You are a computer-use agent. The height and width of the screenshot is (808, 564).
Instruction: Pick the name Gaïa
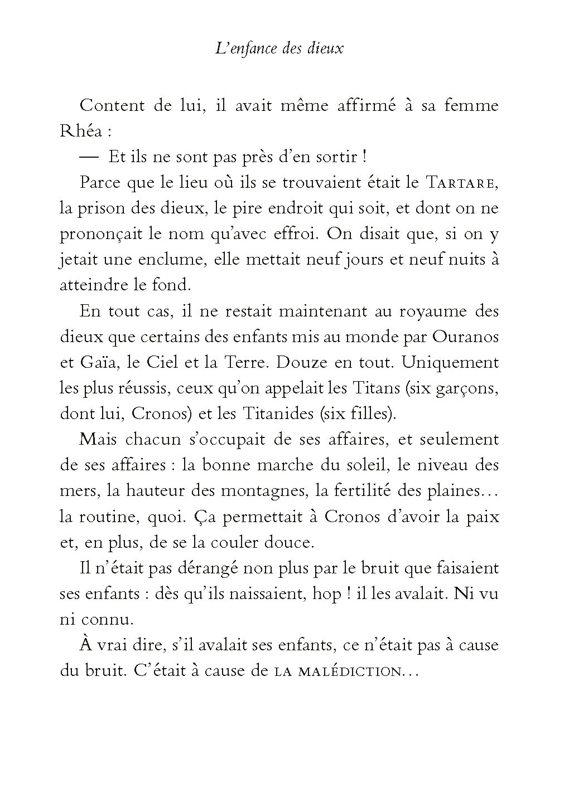[x=93, y=362]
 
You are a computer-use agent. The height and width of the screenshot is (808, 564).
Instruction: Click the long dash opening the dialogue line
[x=88, y=157]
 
